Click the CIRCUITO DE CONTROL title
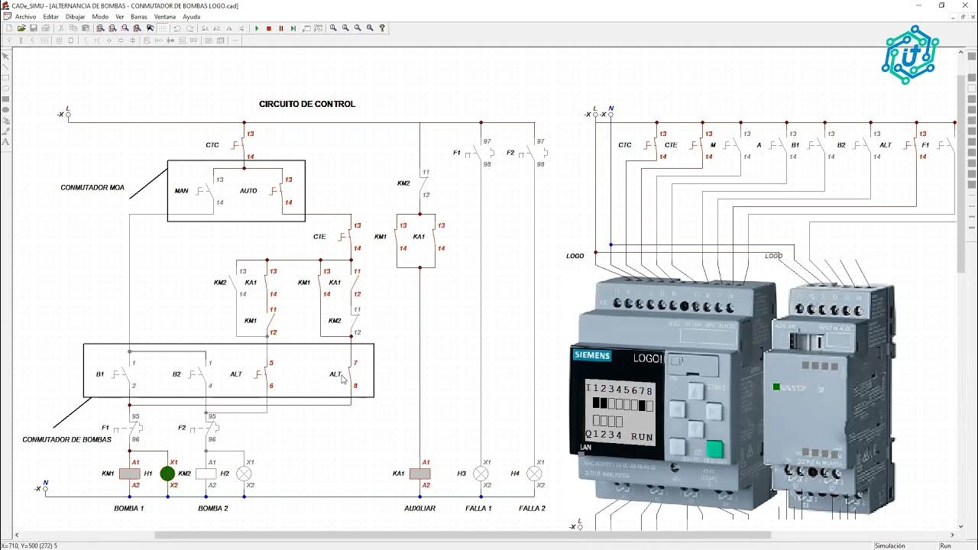[x=306, y=104]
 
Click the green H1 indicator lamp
[x=167, y=474]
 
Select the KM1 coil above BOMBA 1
[x=129, y=474]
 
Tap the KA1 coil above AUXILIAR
[x=419, y=474]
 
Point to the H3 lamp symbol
[x=481, y=474]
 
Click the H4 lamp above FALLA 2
[x=534, y=474]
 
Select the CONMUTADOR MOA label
[x=92, y=187]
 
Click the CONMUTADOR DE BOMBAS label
[x=66, y=439]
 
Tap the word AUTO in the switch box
[x=248, y=191]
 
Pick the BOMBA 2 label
[x=213, y=508]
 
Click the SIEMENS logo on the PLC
[x=592, y=356]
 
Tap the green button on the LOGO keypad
[x=714, y=449]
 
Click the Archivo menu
[x=25, y=16]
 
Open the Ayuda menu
[x=191, y=16]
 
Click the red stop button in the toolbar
[x=269, y=28]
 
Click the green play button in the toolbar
[x=257, y=28]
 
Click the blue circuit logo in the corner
[x=910, y=55]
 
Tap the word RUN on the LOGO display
[x=642, y=437]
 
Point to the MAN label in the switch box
[x=181, y=191]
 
